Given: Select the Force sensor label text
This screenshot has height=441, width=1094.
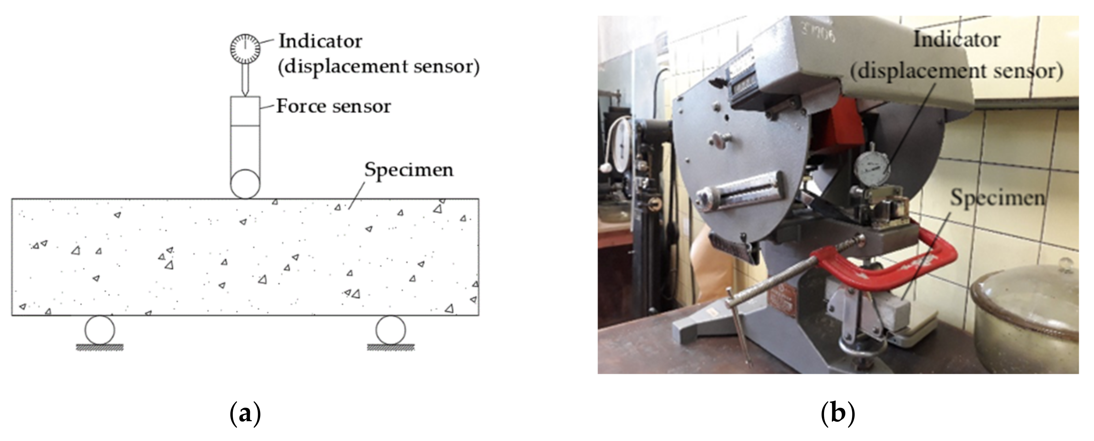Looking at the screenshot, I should click(x=333, y=106).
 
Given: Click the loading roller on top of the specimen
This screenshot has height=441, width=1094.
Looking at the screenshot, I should click(x=245, y=184).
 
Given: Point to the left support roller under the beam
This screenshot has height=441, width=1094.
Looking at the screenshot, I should click(x=99, y=330).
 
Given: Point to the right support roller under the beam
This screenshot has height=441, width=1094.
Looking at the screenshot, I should click(x=390, y=330).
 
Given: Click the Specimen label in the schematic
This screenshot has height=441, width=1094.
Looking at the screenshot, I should click(x=408, y=170).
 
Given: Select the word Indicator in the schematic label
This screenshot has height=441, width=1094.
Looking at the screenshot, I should click(x=320, y=41).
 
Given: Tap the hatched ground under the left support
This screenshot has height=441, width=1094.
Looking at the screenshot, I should click(x=99, y=348).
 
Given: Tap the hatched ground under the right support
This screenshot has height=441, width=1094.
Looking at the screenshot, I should click(x=390, y=348).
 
